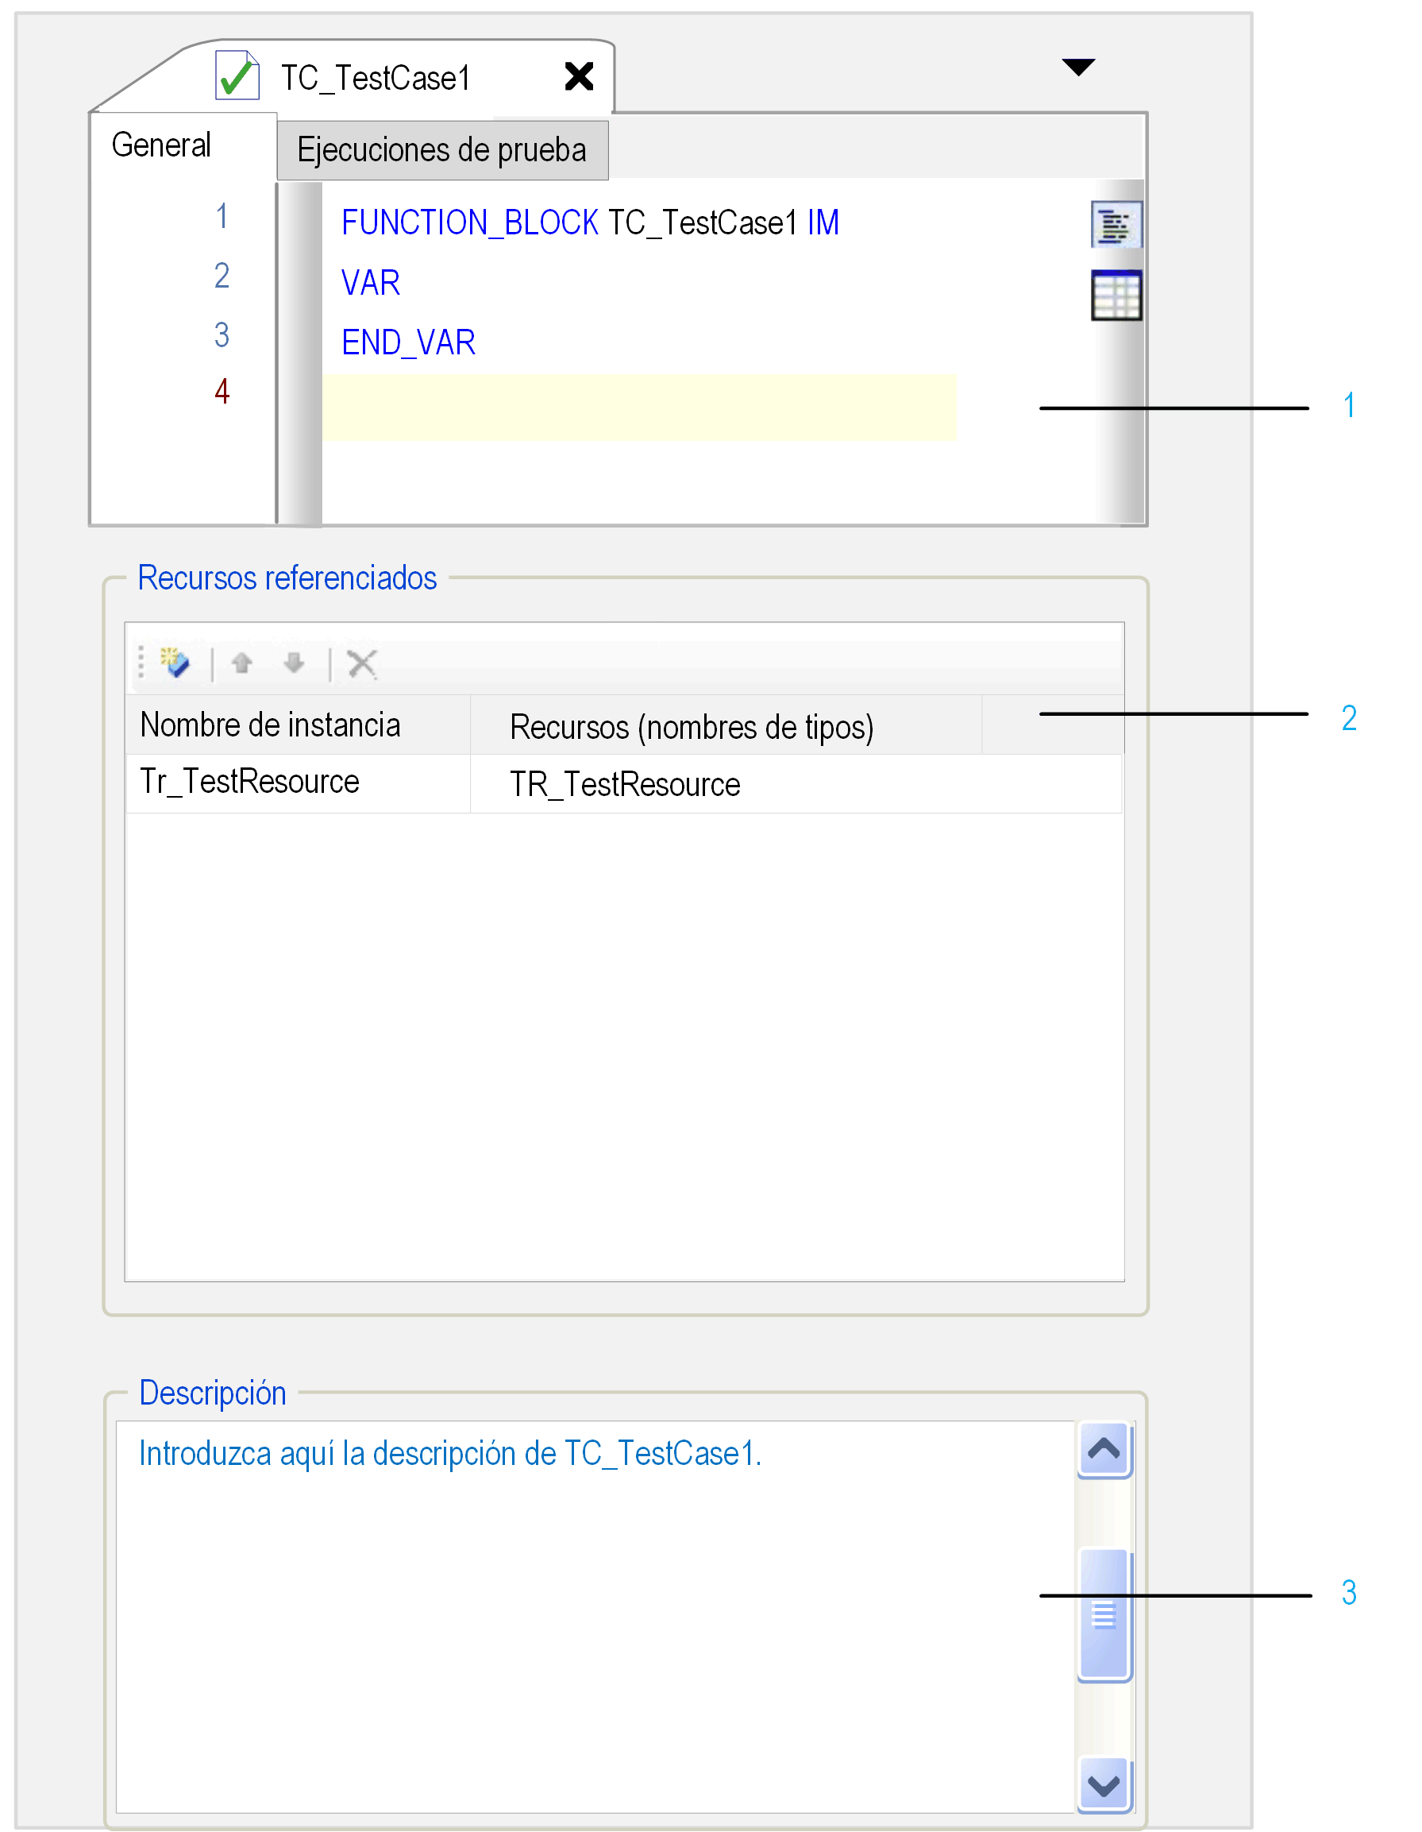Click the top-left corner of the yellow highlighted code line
click(x=324, y=374)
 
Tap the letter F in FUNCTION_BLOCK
click(x=349, y=223)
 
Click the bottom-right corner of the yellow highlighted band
click(x=957, y=440)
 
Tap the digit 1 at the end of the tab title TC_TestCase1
click(x=464, y=79)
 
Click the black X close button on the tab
click(x=580, y=76)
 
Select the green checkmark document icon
click(x=237, y=75)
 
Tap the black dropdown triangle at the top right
click(x=1079, y=67)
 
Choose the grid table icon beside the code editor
click(x=1117, y=296)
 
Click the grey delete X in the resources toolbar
click(x=362, y=663)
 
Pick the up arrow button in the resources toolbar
click(x=242, y=663)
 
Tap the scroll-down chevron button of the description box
click(x=1105, y=1785)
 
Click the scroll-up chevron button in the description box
click(x=1105, y=1450)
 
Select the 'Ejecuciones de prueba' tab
click(x=443, y=150)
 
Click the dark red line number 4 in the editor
click(x=222, y=392)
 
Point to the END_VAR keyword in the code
click(x=408, y=343)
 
